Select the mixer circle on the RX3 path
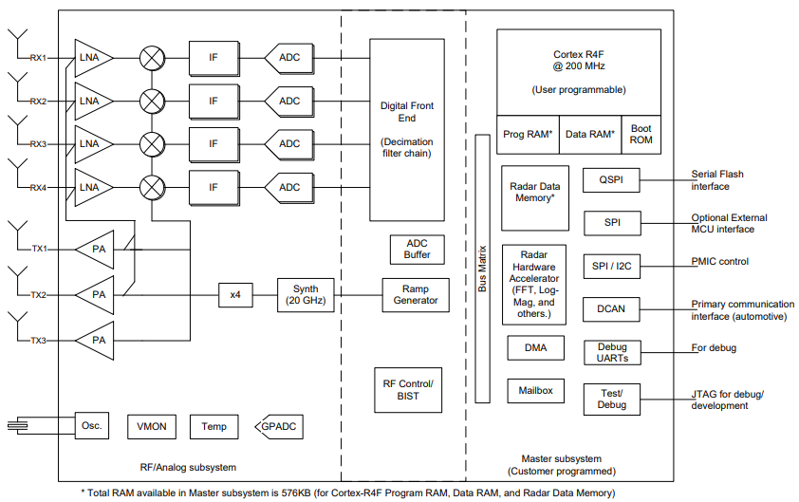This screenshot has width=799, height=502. click(151, 144)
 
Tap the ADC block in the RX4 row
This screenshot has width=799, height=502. click(288, 187)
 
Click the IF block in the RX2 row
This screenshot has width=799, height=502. click(214, 101)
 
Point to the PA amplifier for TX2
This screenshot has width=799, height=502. click(96, 294)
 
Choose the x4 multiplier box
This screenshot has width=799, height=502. click(235, 294)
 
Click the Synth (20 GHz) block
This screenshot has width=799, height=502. click(306, 294)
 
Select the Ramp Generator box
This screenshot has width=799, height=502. click(416, 294)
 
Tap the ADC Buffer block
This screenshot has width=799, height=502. click(417, 249)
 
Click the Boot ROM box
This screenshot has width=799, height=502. click(641, 134)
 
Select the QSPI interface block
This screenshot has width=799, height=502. click(611, 179)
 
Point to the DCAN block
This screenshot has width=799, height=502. click(611, 307)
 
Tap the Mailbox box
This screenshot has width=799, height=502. click(535, 390)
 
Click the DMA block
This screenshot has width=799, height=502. click(535, 348)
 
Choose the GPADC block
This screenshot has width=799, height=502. click(278, 427)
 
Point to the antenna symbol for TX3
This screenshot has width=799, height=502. click(18, 324)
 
